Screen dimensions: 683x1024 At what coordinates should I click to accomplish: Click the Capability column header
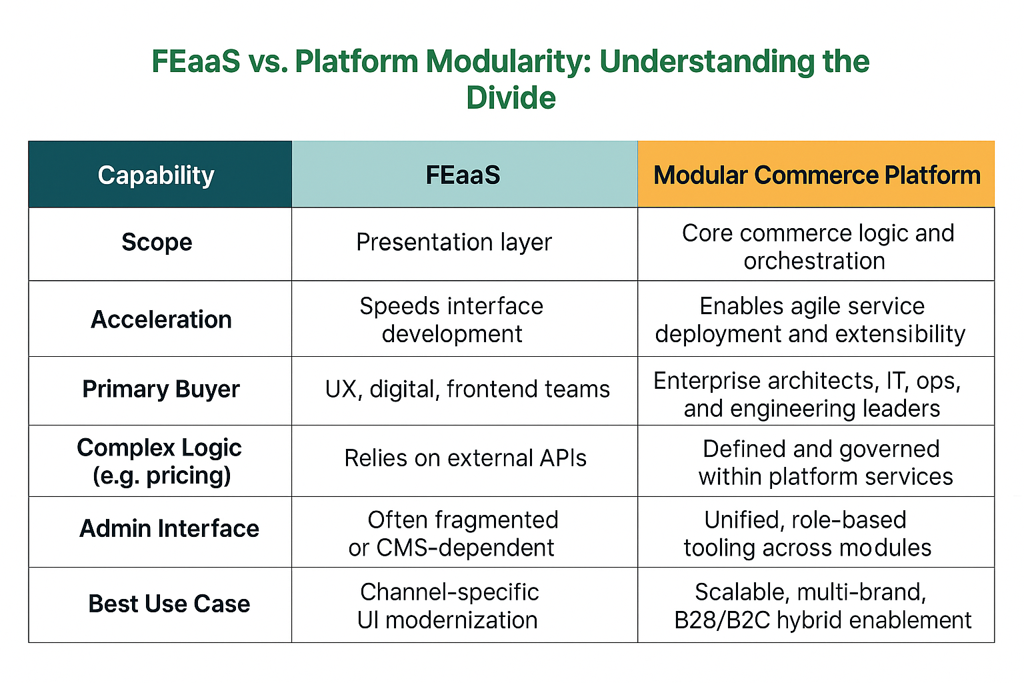pos(156,175)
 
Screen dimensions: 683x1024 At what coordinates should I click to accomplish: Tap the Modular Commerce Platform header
pos(817,175)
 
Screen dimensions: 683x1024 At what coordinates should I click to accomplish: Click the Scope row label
pos(157,242)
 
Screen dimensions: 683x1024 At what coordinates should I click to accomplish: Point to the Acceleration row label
pos(161,319)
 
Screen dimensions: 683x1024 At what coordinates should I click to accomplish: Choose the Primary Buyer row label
pos(161,389)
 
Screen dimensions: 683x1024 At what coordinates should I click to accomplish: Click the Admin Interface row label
pos(169,528)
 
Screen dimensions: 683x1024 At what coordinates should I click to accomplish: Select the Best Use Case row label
pos(169,604)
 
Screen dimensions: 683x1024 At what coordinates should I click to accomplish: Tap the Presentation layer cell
pos(454,242)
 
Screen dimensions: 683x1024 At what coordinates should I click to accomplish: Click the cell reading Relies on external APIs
pos(465,458)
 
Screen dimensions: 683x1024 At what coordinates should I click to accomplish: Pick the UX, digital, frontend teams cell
pos(467,389)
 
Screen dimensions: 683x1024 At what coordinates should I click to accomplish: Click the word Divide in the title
pos(511,98)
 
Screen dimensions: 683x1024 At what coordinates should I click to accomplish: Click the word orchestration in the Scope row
pos(815,261)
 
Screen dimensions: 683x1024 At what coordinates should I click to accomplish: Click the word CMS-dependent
pos(465,548)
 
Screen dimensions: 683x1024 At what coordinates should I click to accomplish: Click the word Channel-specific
pos(449,592)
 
